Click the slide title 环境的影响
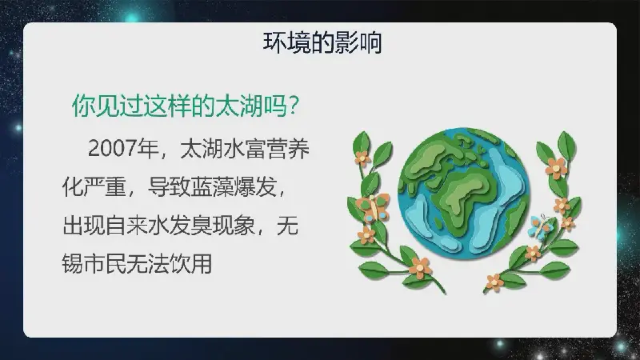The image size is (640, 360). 322,43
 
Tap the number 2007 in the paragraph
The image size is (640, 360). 112,148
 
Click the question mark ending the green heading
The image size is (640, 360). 293,106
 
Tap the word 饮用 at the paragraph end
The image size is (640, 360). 190,264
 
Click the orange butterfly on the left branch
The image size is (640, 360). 374,207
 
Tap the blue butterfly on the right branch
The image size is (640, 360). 541,226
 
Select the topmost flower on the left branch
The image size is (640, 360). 362,158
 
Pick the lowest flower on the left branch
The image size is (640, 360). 420,268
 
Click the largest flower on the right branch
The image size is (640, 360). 556,167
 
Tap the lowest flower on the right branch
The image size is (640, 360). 494,282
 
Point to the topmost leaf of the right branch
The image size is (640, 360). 566,145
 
